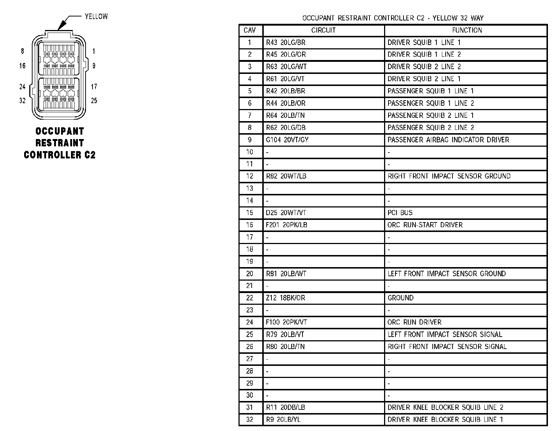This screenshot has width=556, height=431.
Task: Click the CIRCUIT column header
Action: click(x=323, y=30)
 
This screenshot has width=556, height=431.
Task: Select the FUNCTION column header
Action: click(x=467, y=30)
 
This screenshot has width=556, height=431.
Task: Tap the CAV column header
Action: click(x=250, y=30)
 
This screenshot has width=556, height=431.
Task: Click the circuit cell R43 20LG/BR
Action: click(x=286, y=42)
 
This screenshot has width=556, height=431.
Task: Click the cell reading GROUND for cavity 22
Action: click(x=401, y=298)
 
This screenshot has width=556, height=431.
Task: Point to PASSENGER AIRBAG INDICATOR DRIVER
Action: click(x=448, y=140)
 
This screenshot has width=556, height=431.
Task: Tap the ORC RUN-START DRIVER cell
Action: click(x=425, y=225)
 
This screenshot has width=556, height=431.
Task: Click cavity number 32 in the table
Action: click(x=250, y=419)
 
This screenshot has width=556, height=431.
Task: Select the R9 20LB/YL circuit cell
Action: click(x=283, y=419)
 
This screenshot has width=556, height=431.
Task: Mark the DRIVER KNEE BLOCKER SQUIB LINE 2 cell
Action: click(x=446, y=407)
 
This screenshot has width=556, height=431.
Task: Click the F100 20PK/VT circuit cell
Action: click(x=286, y=322)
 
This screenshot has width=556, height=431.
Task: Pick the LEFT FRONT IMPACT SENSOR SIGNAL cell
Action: click(x=445, y=334)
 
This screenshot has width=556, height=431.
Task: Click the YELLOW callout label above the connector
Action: click(x=96, y=16)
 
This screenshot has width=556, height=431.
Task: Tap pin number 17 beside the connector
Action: click(x=94, y=87)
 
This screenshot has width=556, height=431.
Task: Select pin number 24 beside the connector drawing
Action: click(x=23, y=87)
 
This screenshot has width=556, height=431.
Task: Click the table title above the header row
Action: click(x=393, y=18)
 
